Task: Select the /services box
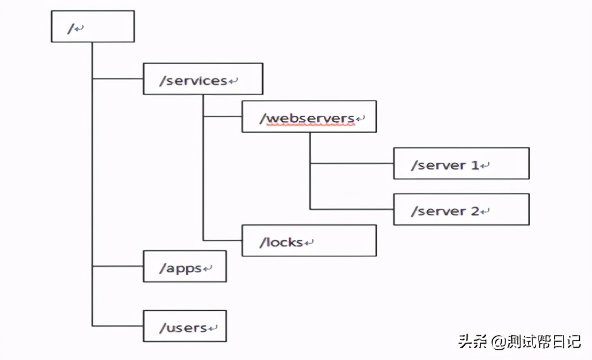click(x=203, y=79)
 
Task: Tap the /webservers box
click(x=309, y=116)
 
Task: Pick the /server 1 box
click(x=461, y=163)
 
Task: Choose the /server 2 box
click(x=461, y=210)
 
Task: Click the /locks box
click(x=309, y=241)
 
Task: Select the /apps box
click(x=184, y=266)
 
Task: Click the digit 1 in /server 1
click(x=474, y=165)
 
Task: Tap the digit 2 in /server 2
click(x=474, y=212)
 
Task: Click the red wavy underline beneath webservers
click(x=310, y=124)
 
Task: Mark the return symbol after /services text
click(x=234, y=81)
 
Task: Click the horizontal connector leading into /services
click(x=118, y=79)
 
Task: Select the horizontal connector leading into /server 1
click(x=352, y=163)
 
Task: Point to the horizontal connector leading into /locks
click(x=223, y=241)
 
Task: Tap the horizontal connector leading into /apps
click(x=118, y=266)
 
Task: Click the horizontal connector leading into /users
click(x=118, y=326)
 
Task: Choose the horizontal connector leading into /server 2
click(x=352, y=210)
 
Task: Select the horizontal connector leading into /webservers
click(x=223, y=116)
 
